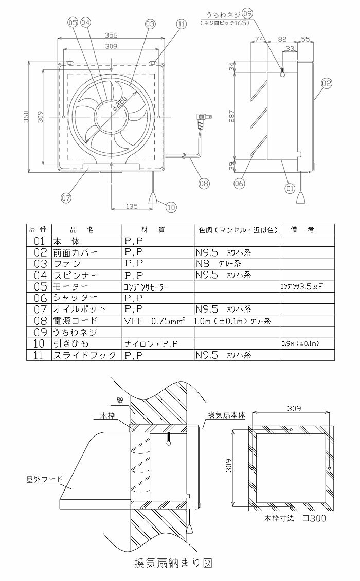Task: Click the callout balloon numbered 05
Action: (72, 22)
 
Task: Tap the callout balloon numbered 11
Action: (181, 24)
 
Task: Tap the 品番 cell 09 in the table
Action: (38, 332)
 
